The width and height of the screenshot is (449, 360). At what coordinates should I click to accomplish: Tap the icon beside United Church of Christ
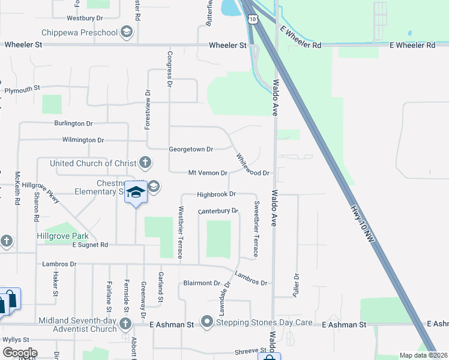[145, 162]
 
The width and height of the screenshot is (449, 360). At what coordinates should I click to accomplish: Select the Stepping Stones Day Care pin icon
[208, 322]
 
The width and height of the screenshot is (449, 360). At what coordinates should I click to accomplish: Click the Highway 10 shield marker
[253, 19]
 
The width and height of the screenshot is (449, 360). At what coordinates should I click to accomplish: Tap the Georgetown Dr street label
[191, 149]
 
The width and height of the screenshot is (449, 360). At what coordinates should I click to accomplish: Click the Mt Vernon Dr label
[208, 173]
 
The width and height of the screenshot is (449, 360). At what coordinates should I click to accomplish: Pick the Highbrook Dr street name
[217, 194]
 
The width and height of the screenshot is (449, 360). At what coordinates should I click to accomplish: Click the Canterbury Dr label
[218, 211]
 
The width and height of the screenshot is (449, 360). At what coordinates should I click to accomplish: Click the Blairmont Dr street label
[202, 283]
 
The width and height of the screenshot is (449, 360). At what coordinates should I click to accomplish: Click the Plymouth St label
[22, 89]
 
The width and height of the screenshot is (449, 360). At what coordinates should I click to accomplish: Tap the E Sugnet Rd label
[90, 245]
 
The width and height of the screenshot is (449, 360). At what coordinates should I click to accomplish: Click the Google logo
[20, 353]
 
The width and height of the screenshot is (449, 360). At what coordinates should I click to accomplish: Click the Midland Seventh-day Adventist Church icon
[125, 325]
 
